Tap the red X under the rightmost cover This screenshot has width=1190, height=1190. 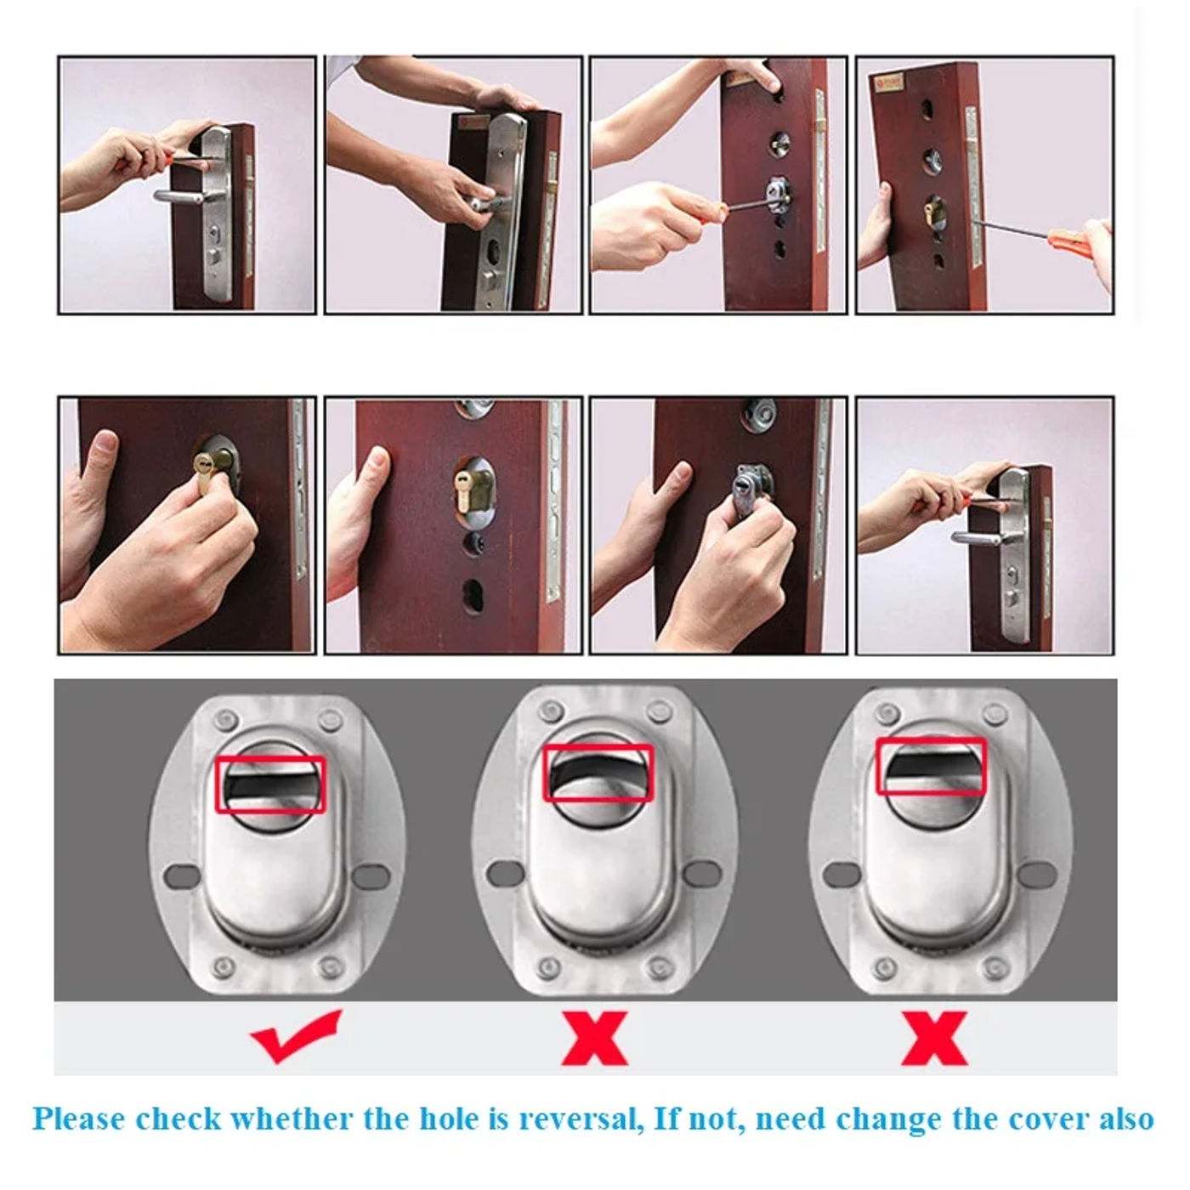click(x=933, y=1038)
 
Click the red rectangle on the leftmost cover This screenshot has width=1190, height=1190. click(x=269, y=785)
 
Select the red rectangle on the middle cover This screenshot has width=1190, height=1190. click(x=598, y=773)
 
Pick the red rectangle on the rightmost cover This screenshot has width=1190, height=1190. click(x=932, y=766)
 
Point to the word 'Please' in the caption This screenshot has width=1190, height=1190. click(x=78, y=1119)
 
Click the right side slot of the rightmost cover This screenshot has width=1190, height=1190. click(x=1038, y=873)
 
